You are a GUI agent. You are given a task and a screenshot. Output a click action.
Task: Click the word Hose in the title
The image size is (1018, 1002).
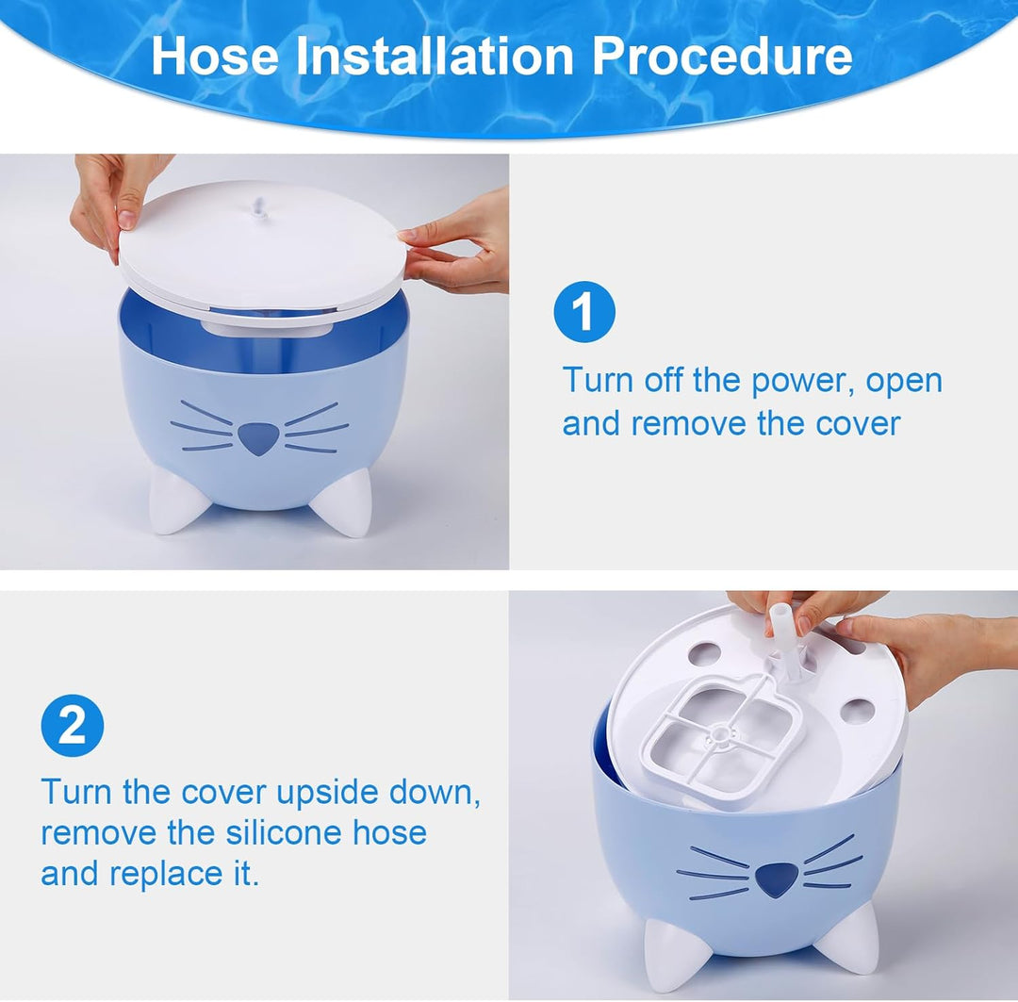click(x=215, y=56)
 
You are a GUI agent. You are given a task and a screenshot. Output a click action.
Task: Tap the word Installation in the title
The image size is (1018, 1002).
click(x=435, y=56)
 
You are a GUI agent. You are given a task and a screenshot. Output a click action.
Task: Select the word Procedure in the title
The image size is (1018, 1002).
click(x=722, y=56)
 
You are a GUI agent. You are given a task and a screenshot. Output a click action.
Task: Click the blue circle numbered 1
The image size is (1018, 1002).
click(x=584, y=312)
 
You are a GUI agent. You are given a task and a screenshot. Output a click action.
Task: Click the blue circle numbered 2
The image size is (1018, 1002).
click(x=72, y=726)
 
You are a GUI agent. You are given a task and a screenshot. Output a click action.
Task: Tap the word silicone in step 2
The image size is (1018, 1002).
click(x=284, y=832)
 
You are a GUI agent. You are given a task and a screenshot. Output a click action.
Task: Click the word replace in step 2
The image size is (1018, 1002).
click(x=166, y=874)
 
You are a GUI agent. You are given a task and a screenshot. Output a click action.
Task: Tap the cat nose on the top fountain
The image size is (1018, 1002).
click(x=258, y=438)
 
